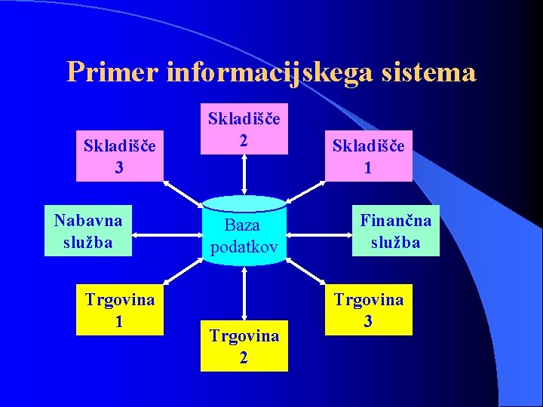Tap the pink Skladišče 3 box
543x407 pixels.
120,155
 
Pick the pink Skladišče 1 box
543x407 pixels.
369,155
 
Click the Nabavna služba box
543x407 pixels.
88,231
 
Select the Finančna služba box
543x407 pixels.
396,231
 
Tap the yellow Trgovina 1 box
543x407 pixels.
120,309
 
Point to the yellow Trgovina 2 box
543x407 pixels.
244,346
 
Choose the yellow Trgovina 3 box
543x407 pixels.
369,309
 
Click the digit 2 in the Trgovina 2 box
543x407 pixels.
244,357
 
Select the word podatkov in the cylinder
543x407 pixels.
244,246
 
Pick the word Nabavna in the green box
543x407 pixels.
88,220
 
